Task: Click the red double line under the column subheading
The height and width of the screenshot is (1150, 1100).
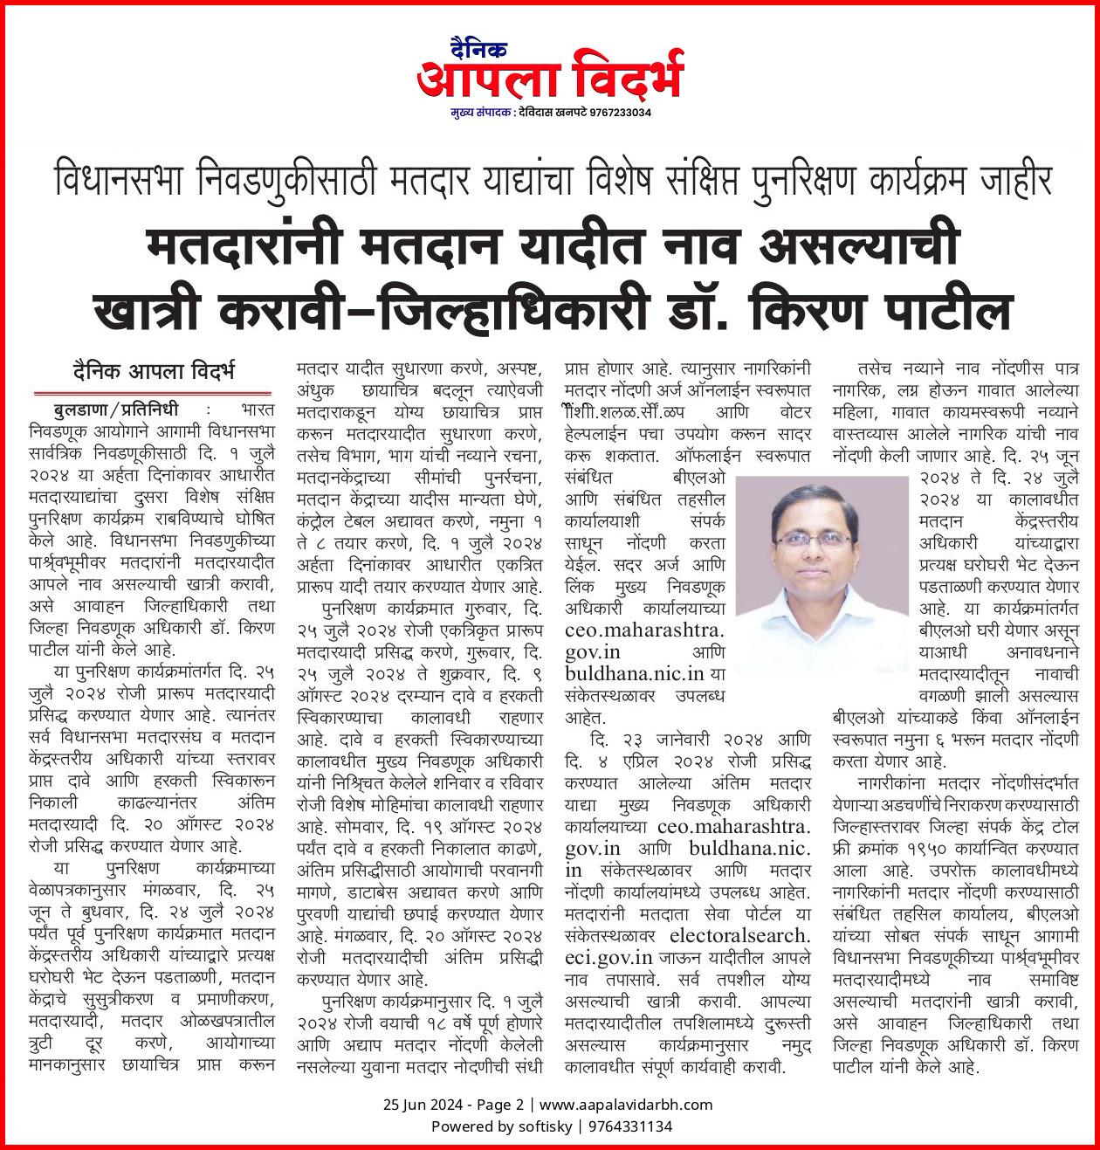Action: [x=152, y=394]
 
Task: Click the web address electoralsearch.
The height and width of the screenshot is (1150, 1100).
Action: [x=739, y=936]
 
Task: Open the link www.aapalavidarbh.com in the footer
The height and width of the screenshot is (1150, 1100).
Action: [x=626, y=1105]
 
